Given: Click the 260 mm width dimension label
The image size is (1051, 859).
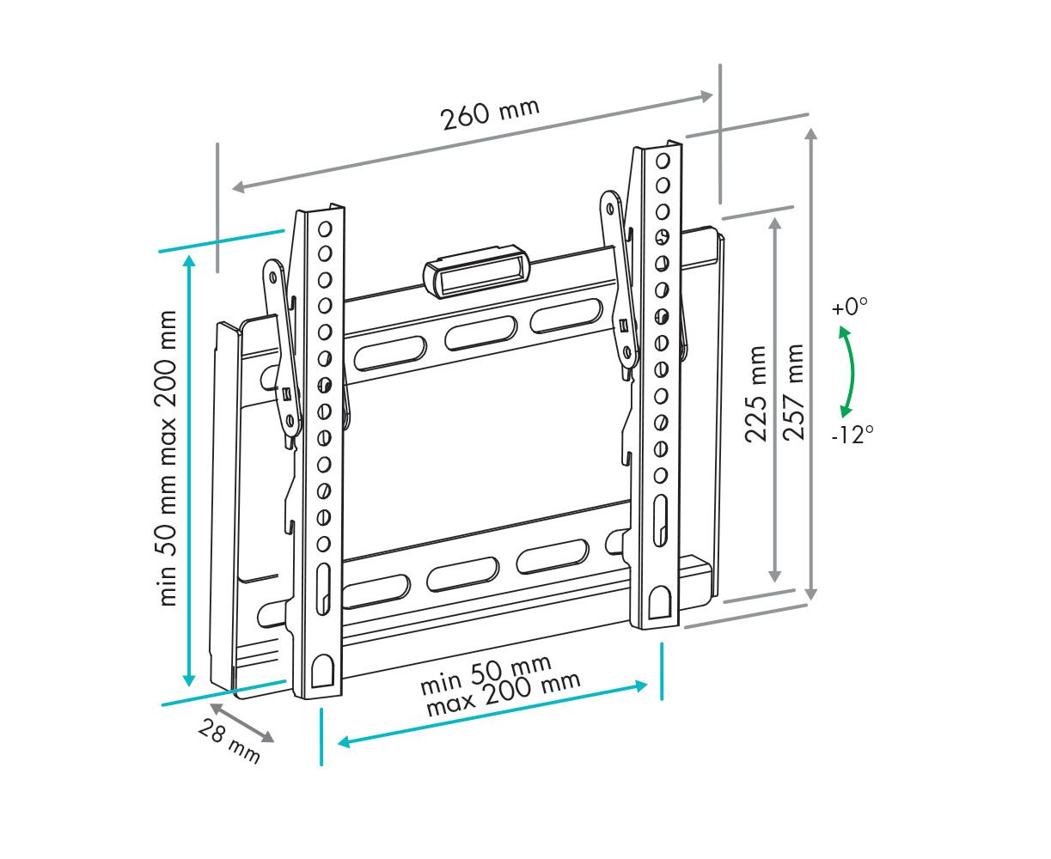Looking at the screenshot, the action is pyautogui.click(x=491, y=114).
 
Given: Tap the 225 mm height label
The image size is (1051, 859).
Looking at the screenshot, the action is pyautogui.click(x=755, y=393).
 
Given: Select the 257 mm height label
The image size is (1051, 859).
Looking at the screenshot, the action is pyautogui.click(x=793, y=392).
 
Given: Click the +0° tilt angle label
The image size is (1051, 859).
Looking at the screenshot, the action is pyautogui.click(x=850, y=307).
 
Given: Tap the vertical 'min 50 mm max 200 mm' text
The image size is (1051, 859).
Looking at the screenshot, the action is pyautogui.click(x=168, y=458).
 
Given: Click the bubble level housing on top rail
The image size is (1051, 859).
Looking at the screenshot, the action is pyautogui.click(x=477, y=271).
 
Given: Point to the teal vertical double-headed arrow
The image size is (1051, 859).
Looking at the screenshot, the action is pyautogui.click(x=188, y=471).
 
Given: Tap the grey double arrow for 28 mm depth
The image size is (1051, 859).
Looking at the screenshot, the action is pyautogui.click(x=241, y=722).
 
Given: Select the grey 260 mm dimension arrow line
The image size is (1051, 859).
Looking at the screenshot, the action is pyautogui.click(x=473, y=141).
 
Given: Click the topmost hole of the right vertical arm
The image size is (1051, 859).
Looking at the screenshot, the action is pyautogui.click(x=663, y=161).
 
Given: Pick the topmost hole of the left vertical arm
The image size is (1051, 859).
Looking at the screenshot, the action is pyautogui.click(x=325, y=228).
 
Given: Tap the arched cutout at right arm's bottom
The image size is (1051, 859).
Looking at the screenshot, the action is pyautogui.click(x=661, y=603).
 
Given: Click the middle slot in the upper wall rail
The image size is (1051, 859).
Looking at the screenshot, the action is pyautogui.click(x=481, y=332).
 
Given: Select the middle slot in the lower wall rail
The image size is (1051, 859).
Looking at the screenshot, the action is pyautogui.click(x=463, y=575).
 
